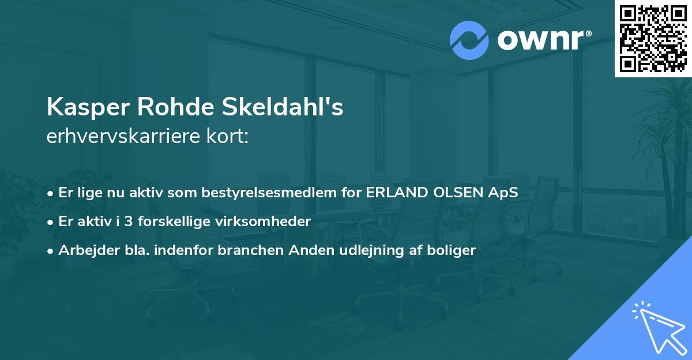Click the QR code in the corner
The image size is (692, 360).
coord(653,38)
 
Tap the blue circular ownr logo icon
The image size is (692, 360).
coord(469,40)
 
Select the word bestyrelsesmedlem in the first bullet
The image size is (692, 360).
coord(269,193)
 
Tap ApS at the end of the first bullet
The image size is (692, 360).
coord(505,193)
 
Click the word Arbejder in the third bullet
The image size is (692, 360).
coord(84,250)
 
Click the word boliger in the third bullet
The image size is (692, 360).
coord(449,250)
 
